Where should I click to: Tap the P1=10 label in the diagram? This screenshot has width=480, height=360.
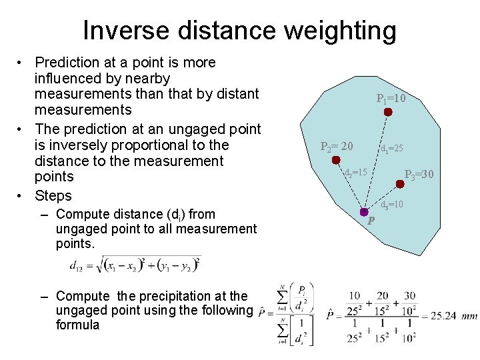point(391,99)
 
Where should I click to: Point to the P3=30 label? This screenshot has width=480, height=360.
point(419,175)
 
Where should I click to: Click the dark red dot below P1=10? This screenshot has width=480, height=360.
point(387,113)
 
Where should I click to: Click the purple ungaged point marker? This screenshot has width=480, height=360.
point(364,212)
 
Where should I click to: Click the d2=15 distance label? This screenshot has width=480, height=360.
point(355,172)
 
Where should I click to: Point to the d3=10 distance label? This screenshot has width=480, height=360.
point(391,204)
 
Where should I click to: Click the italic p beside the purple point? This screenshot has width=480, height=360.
point(371,221)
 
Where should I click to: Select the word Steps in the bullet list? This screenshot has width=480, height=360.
point(53,195)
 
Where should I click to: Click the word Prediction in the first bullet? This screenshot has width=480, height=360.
point(65,63)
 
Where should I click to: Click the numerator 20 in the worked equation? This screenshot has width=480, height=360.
point(381,296)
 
